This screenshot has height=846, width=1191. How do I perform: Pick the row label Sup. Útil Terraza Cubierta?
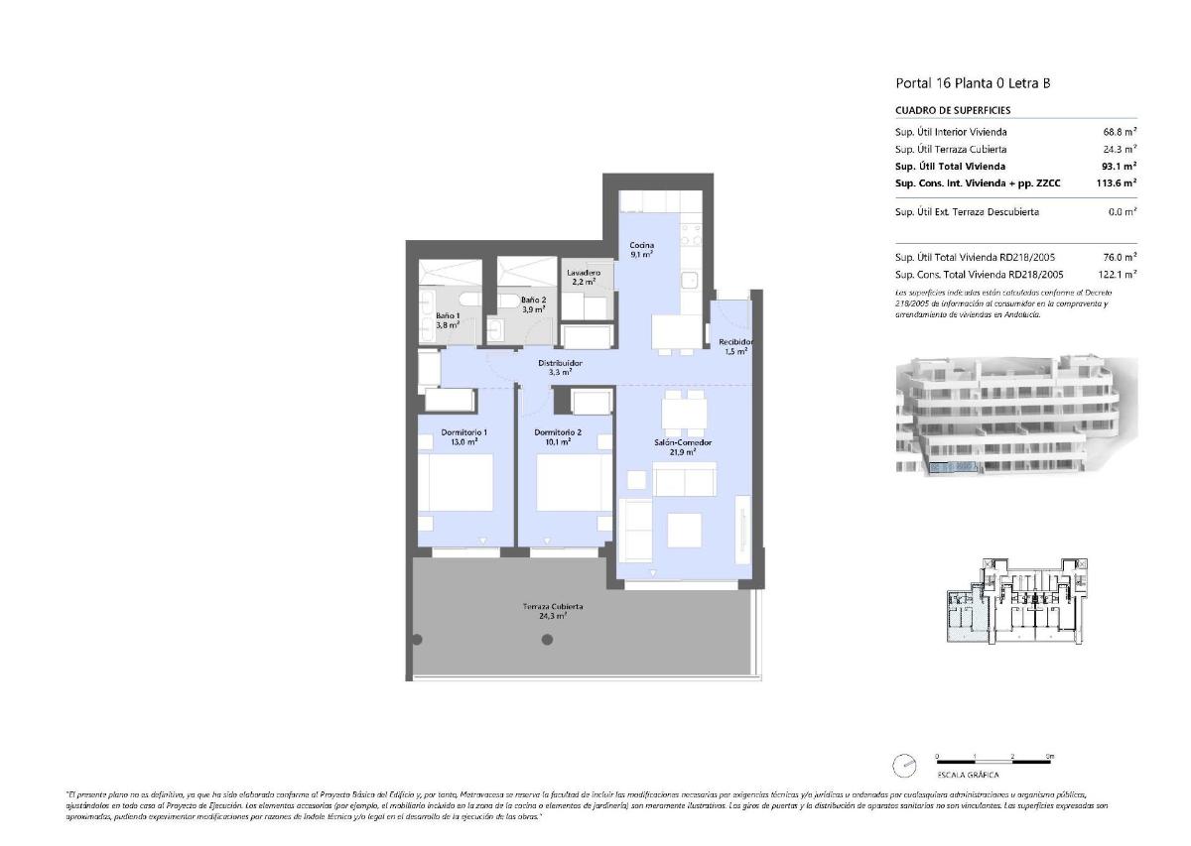[x=951, y=150]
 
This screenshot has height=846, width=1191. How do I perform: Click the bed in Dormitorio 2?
[x=574, y=483]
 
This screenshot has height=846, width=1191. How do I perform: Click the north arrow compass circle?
[x=905, y=766]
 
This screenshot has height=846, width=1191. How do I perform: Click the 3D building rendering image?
[x=1015, y=418]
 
